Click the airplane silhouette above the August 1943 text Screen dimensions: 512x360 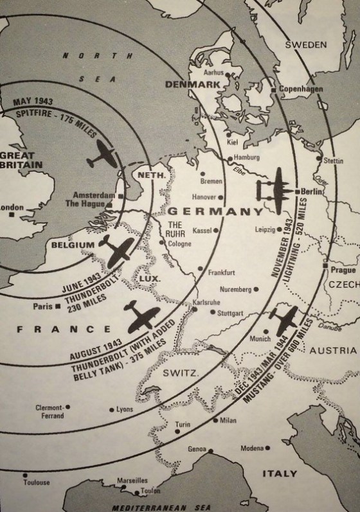tap(143, 317)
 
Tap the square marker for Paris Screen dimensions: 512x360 tap(58, 306)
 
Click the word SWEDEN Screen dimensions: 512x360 tap(306, 45)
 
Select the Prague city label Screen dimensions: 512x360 tap(343, 270)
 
